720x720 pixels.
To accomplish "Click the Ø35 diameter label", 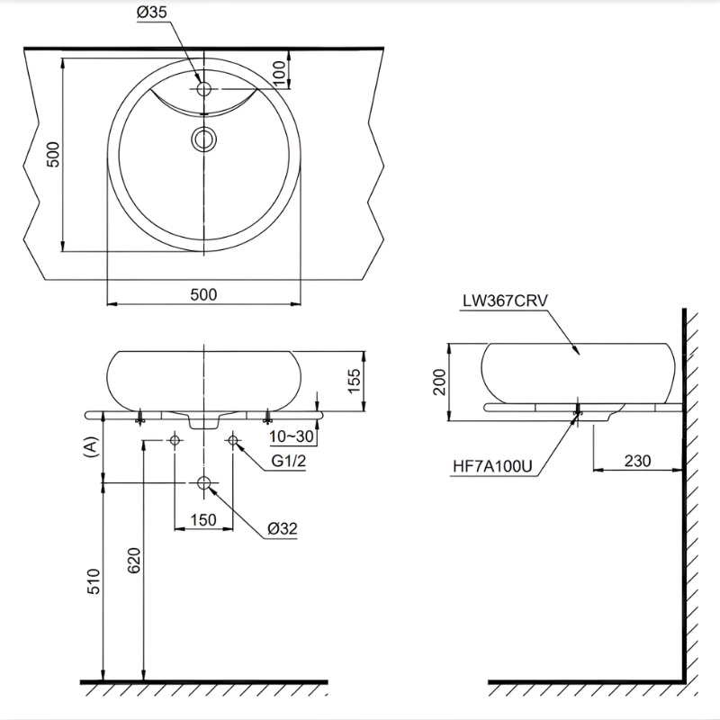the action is click(152, 13).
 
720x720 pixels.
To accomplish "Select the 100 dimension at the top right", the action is click(279, 73).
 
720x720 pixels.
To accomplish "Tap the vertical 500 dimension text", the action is click(53, 155).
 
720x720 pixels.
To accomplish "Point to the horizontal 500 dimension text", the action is click(203, 294).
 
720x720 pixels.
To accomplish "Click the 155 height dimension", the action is click(354, 381).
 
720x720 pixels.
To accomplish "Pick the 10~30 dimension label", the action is click(291, 436).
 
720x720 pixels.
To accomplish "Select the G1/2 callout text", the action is click(288, 461).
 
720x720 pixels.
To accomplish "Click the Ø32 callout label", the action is click(283, 528).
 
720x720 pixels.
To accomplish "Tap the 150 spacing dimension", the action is click(203, 520).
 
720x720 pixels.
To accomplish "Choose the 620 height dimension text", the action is click(133, 560).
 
